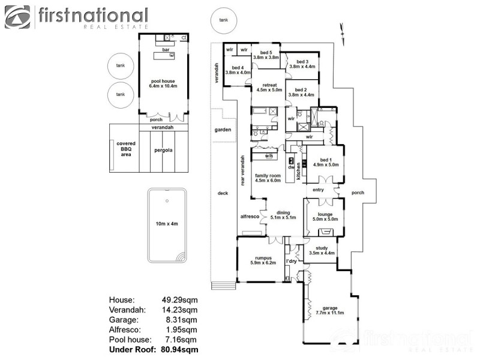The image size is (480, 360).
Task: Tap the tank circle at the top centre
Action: [223, 20]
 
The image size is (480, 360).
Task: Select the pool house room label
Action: [162, 83]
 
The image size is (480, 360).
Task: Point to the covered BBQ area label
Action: [126, 149]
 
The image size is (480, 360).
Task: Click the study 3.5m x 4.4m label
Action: [321, 250]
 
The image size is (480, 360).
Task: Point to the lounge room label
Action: [325, 217]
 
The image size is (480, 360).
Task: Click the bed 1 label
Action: [326, 162]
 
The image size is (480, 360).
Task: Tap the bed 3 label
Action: [302, 64]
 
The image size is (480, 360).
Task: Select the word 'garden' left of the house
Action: [223, 130]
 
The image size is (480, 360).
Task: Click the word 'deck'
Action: [223, 193]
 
